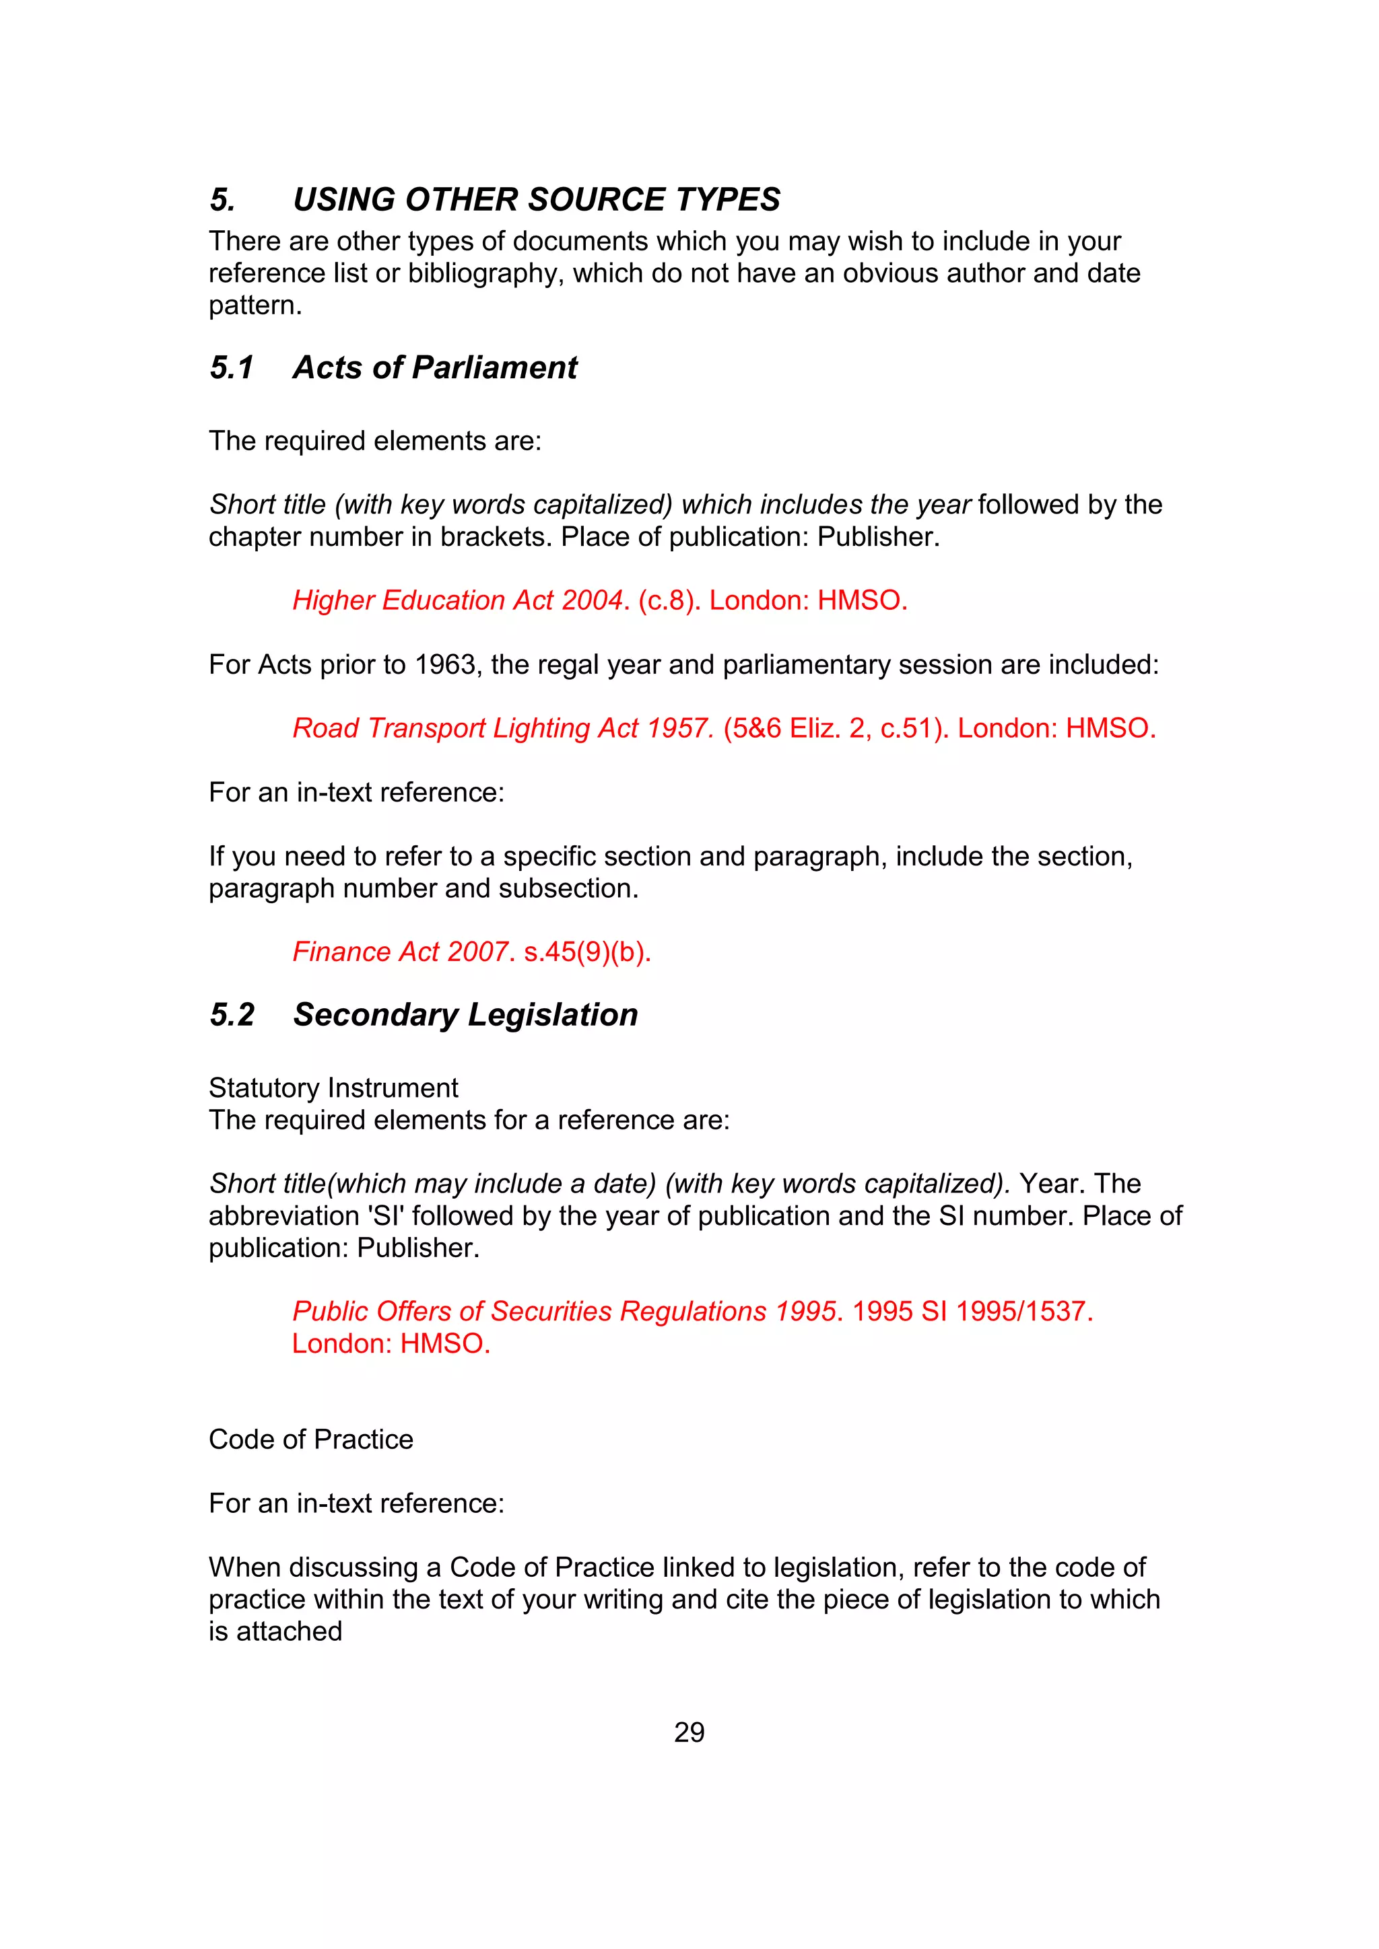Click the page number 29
689,1732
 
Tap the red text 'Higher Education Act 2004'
458,600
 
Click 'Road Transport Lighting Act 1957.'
503,728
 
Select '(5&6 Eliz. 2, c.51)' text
836,728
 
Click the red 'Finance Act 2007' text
399,952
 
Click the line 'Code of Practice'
311,1439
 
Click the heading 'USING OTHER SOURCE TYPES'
536,199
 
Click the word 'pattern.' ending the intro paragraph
256,306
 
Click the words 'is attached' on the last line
275,1631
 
